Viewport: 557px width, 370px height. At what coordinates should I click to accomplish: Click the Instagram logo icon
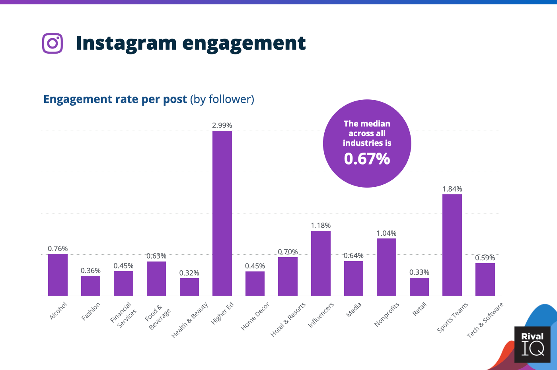pos(53,43)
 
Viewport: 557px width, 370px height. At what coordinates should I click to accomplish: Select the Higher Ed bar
pos(222,213)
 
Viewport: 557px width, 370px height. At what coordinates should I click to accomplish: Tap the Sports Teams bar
pos(452,245)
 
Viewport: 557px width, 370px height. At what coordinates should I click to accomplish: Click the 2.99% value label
pos(222,125)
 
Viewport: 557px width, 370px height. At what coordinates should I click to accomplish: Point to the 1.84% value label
pos(452,189)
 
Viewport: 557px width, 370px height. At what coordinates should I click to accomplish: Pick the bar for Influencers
pos(321,263)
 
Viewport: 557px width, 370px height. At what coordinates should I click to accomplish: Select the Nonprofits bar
pos(386,267)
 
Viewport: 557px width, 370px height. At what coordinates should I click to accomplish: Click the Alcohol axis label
pos(58,311)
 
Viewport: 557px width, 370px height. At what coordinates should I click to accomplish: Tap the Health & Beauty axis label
pos(190,320)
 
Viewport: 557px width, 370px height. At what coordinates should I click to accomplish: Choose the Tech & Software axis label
pos(485,320)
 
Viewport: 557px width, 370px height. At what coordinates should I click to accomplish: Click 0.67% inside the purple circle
pos(367,159)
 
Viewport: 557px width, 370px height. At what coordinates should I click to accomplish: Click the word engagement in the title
pos(244,43)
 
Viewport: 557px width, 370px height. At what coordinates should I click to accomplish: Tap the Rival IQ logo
pos(532,344)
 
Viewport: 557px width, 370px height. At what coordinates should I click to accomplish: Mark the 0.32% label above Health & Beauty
pos(189,273)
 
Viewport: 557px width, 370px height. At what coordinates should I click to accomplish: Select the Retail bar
pos(419,287)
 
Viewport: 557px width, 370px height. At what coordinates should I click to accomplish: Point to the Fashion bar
pos(91,286)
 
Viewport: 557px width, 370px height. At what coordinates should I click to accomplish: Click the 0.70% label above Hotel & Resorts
pos(288,252)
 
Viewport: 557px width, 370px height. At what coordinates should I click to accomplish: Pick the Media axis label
pos(354,310)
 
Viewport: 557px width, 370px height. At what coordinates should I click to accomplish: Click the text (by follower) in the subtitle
pos(222,99)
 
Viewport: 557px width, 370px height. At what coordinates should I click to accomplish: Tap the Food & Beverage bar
pos(156,279)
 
